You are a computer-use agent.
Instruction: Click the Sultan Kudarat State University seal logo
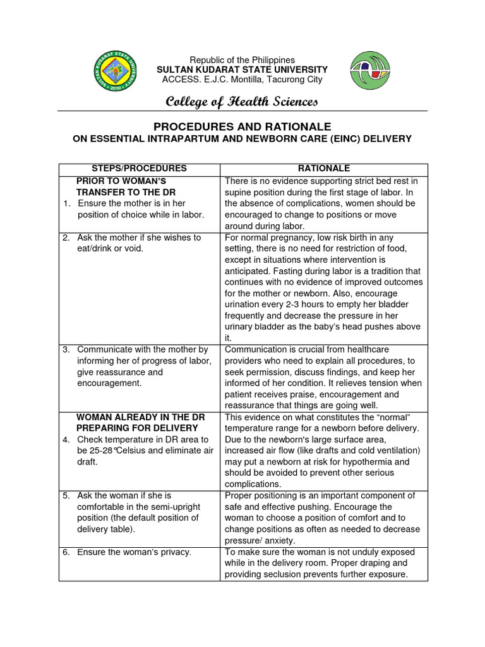point(116,70)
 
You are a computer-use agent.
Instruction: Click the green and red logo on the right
point(370,70)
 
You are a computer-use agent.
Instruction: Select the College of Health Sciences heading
point(242,102)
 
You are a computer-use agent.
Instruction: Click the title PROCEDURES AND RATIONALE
point(242,127)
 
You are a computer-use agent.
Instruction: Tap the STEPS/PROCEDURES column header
point(139,169)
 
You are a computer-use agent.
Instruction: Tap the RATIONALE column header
point(323,169)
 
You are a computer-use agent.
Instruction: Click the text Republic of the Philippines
point(242,59)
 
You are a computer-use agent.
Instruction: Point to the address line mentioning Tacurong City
point(242,80)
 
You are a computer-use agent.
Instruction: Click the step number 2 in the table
point(66,238)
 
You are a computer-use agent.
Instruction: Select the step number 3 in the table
point(66,349)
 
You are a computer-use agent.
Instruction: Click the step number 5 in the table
point(66,495)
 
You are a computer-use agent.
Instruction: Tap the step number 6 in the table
point(66,552)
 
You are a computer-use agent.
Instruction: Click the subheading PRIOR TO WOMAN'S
point(121,181)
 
